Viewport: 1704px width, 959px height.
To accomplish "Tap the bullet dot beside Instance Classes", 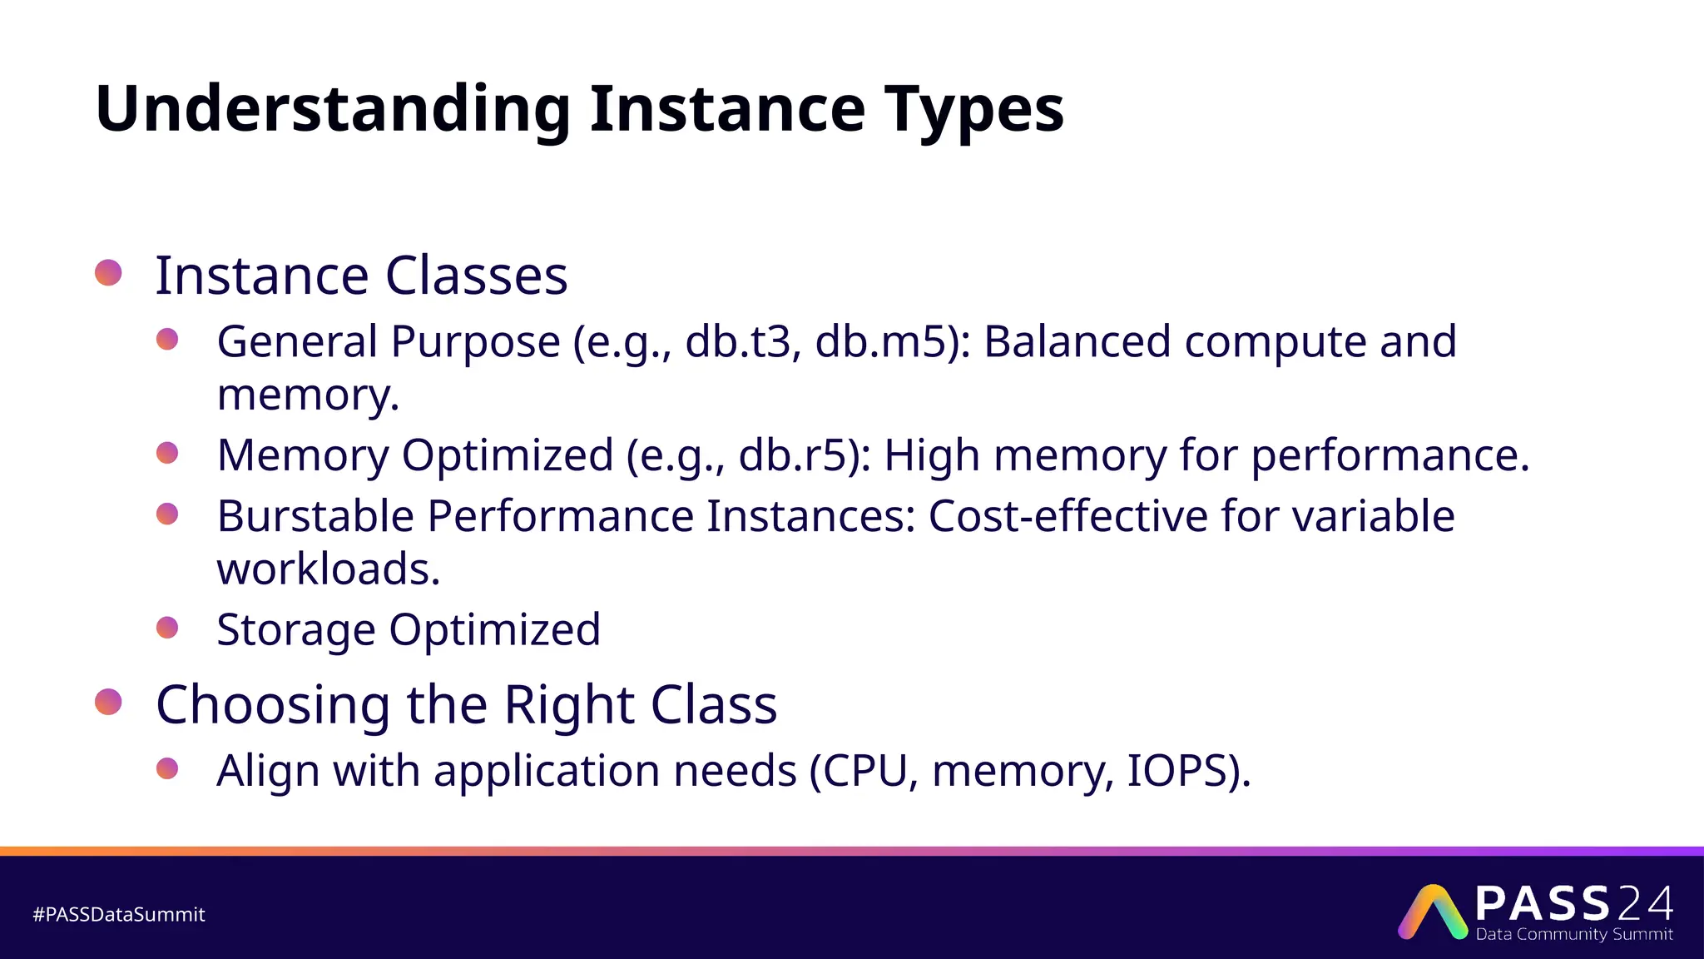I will click(x=109, y=272).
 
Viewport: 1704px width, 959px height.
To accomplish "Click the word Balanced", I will click(x=1077, y=342).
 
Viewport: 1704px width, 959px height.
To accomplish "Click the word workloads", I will click(x=328, y=569).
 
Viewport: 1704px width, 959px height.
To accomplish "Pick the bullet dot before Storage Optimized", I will click(x=167, y=627).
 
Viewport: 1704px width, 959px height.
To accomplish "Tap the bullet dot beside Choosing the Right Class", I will click(x=109, y=702).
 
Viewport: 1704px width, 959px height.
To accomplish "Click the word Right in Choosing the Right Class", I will click(x=569, y=705).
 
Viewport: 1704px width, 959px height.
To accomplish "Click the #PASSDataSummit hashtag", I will click(x=118, y=914).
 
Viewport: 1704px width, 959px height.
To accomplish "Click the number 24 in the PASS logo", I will click(x=1646, y=904).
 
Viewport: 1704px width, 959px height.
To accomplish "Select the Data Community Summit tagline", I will click(x=1574, y=934).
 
